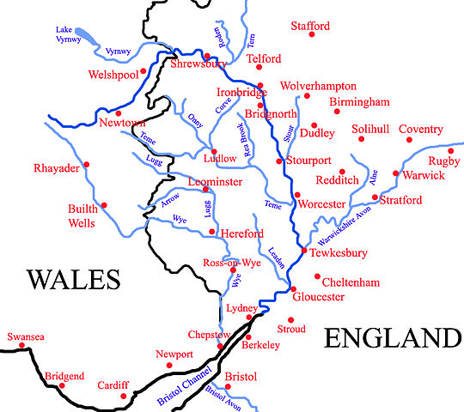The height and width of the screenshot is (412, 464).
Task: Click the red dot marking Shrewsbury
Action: [x=206, y=57]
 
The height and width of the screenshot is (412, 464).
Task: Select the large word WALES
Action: [x=71, y=281]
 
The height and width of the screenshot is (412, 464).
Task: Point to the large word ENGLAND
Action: [x=393, y=338]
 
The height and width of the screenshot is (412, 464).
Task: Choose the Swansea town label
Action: [x=25, y=337]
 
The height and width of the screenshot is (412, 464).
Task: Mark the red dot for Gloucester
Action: [x=292, y=289]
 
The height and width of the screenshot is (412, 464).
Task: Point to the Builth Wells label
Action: [x=84, y=215]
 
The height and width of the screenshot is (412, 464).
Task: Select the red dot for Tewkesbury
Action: [x=304, y=251]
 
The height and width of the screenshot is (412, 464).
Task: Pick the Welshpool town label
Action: [x=112, y=76]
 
